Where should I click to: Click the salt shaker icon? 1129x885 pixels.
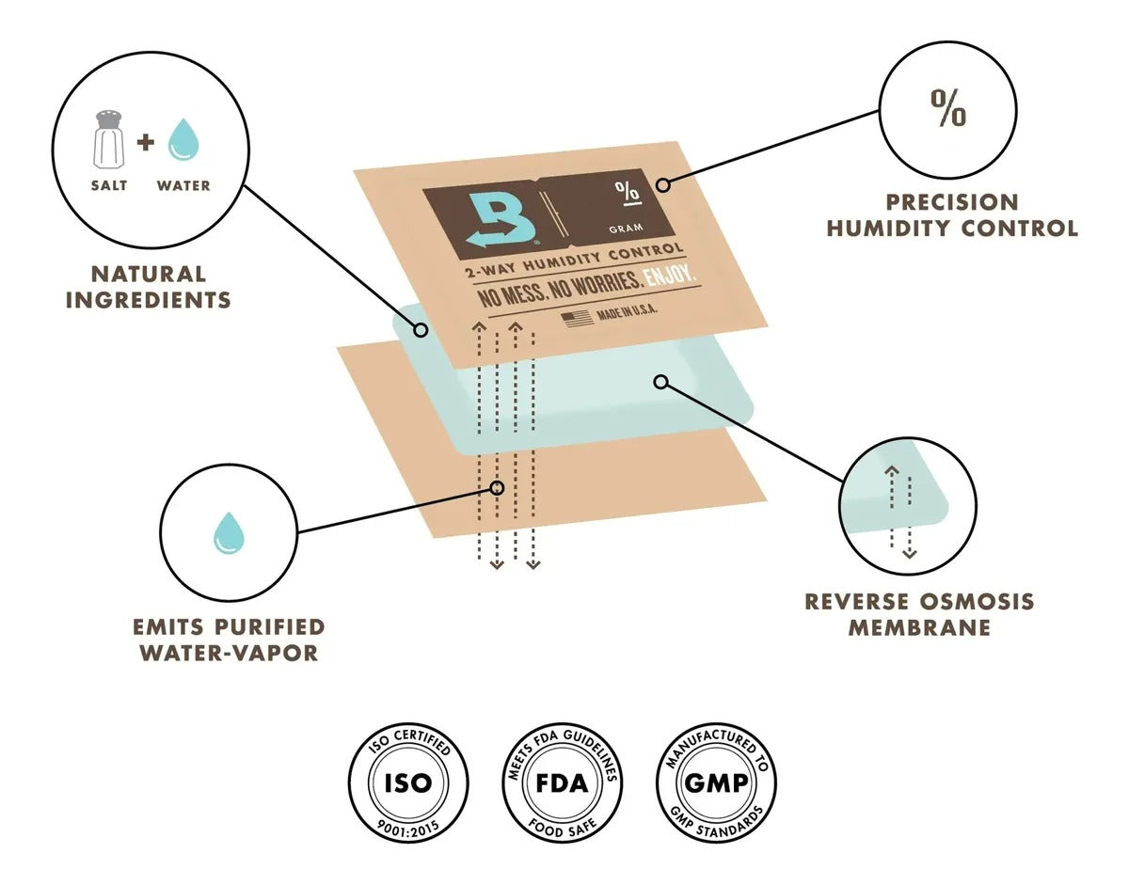(x=109, y=139)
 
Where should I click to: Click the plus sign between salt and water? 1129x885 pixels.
(x=144, y=142)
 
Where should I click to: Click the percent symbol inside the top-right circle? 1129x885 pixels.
(x=947, y=109)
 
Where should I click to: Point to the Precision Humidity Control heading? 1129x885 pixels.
(x=951, y=215)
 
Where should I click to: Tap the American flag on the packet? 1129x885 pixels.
(x=578, y=318)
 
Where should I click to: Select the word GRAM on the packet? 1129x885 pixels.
(x=627, y=228)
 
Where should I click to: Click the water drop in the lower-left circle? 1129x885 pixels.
(x=229, y=532)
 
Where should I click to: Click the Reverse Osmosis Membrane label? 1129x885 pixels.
(x=918, y=613)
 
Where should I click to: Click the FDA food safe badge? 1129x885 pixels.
(x=562, y=782)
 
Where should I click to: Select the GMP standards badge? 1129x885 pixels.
(x=717, y=782)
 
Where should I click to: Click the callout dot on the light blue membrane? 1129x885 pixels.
(x=661, y=382)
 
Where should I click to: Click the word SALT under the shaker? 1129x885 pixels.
(x=109, y=185)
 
